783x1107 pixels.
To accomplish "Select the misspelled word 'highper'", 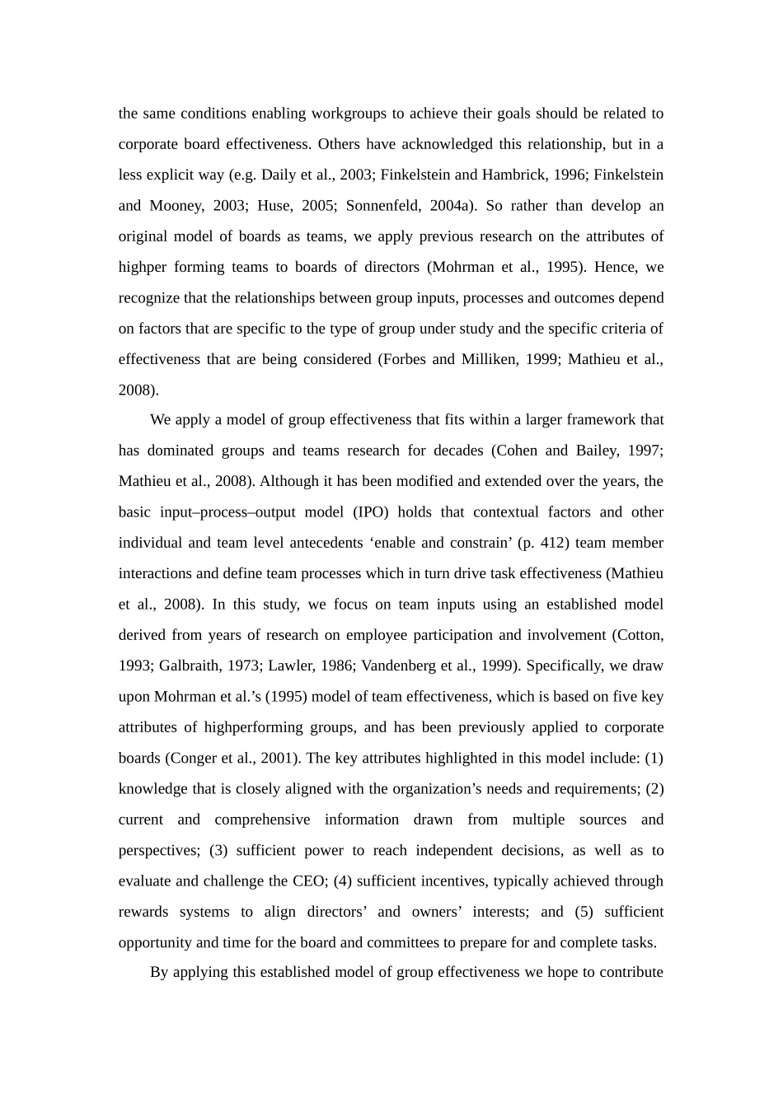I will tap(143, 268).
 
